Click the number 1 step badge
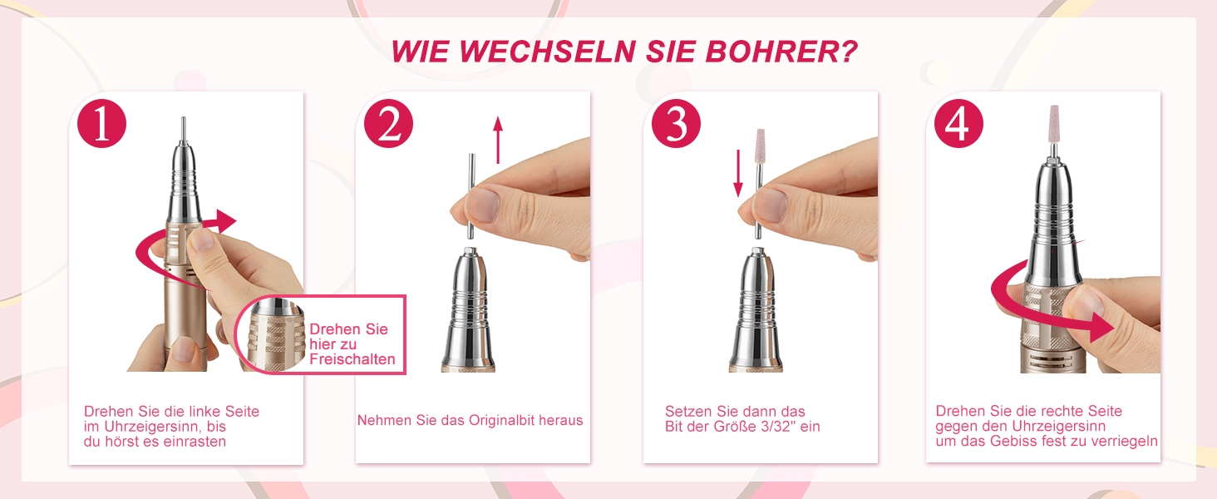pyautogui.click(x=101, y=123)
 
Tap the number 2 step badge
pyautogui.click(x=388, y=123)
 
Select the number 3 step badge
pyautogui.click(x=676, y=123)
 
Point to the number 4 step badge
pyautogui.click(x=958, y=123)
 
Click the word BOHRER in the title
pyautogui.click(x=781, y=52)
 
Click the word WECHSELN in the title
pyautogui.click(x=547, y=52)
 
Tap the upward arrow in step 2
pyautogui.click(x=498, y=140)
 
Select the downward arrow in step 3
pyautogui.click(x=738, y=173)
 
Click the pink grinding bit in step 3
pyautogui.click(x=761, y=146)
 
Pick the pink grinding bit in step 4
pyautogui.click(x=1054, y=123)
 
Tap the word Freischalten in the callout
pyautogui.click(x=352, y=359)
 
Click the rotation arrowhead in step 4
pyautogui.click(x=1100, y=329)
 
